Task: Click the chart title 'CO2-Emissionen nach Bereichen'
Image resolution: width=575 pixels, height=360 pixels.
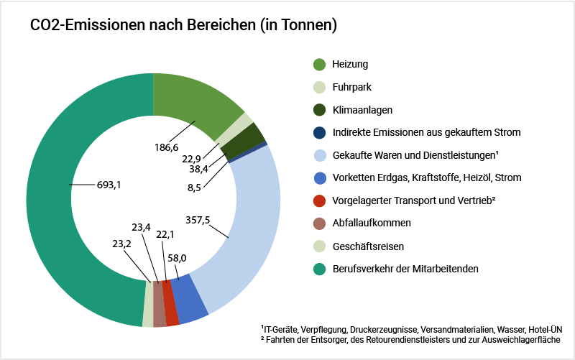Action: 183,26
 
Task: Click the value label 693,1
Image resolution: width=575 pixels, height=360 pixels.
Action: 109,185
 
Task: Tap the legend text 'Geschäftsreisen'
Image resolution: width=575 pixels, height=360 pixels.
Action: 368,246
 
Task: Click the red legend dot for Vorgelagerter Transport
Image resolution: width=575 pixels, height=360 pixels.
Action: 320,200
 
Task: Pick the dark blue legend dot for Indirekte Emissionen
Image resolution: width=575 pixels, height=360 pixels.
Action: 320,132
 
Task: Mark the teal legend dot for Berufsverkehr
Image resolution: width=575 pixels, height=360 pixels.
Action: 320,269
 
